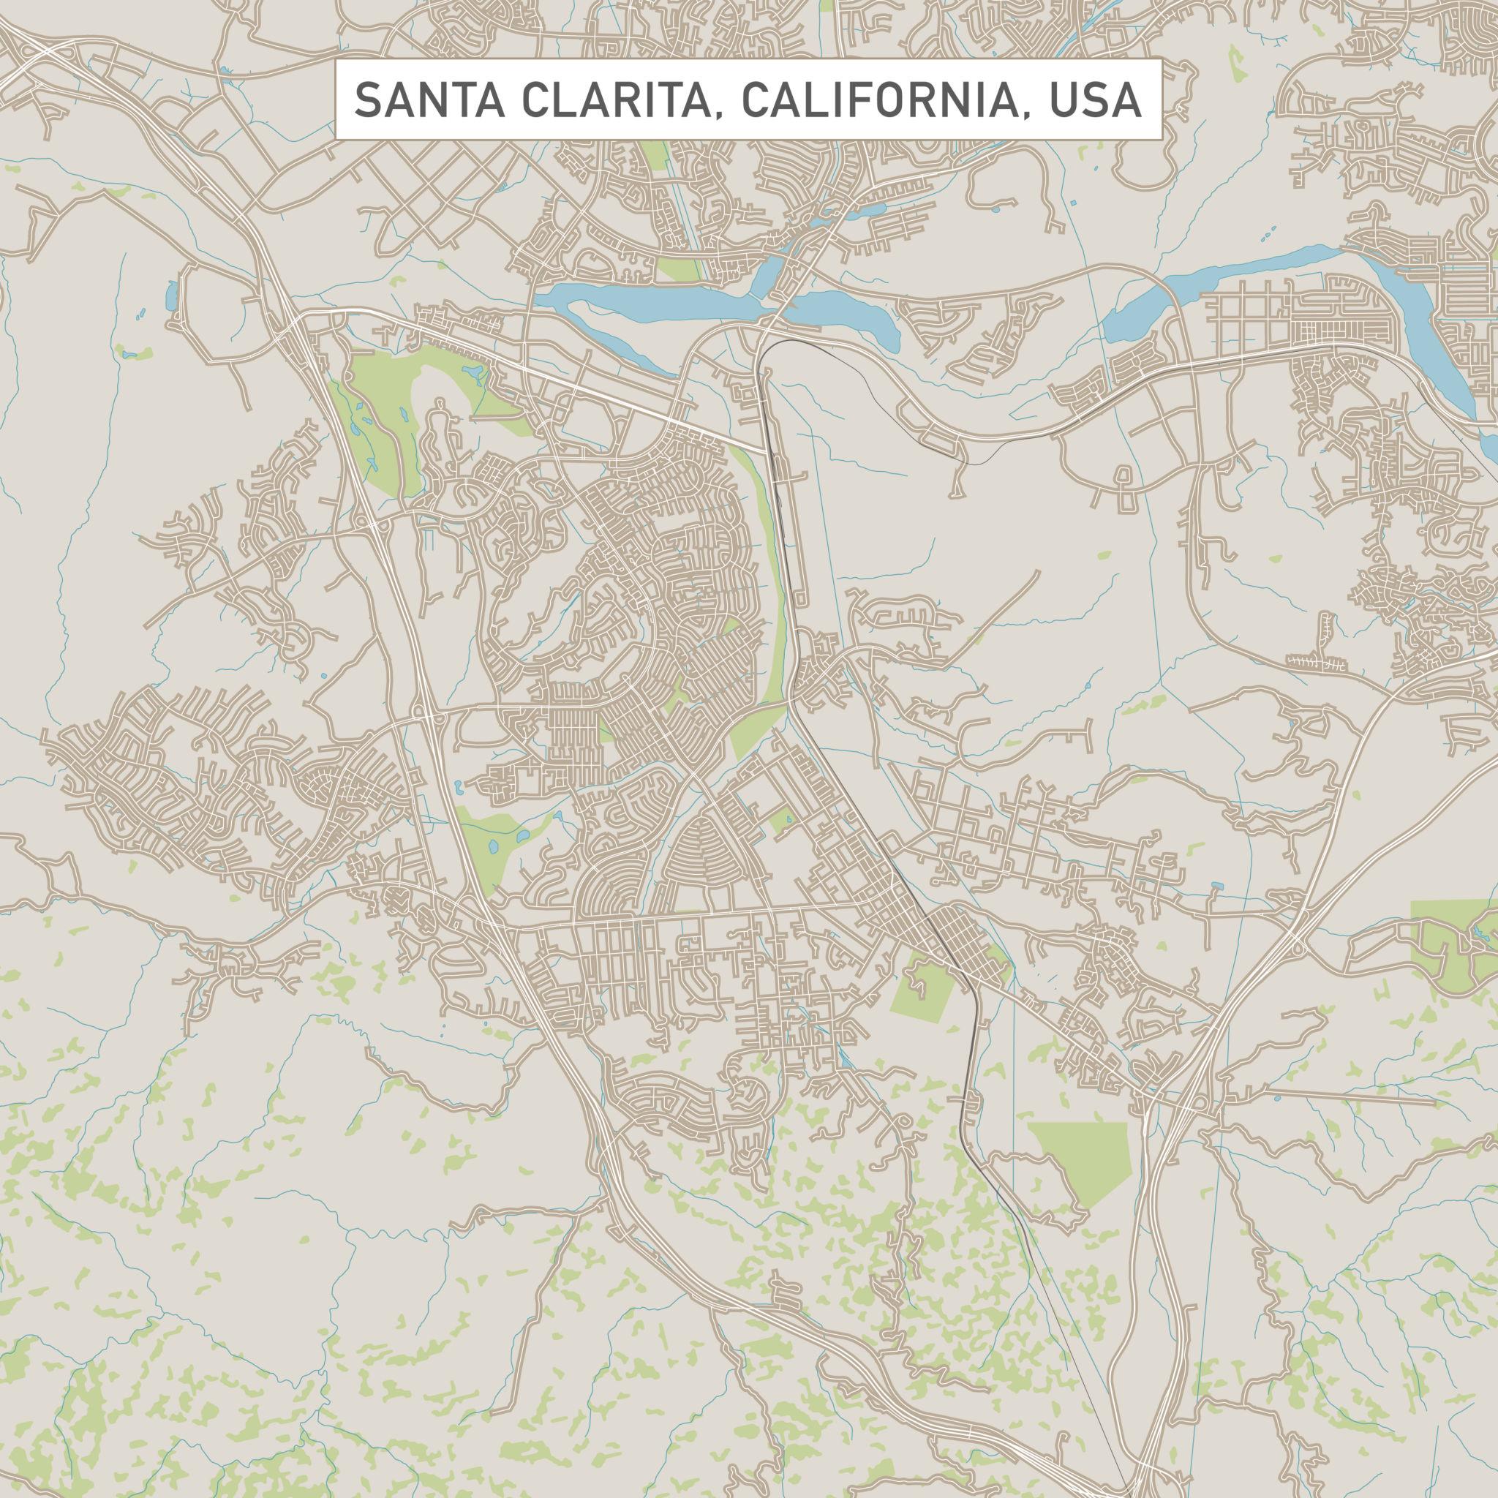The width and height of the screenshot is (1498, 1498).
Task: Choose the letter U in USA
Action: point(1064,101)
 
